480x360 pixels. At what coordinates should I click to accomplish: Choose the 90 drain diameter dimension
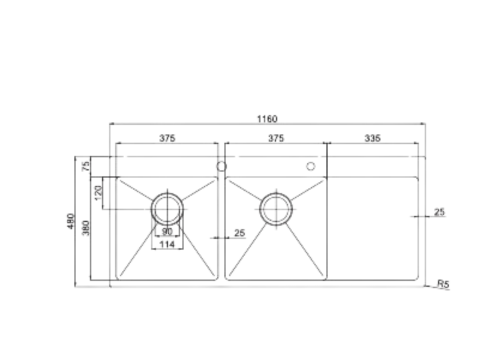(167, 231)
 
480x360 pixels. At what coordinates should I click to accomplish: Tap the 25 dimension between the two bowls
(238, 234)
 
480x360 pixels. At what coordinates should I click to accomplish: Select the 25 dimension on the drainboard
(440, 211)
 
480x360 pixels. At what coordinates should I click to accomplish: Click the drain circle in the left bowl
(167, 209)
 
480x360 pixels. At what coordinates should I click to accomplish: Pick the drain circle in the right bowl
(276, 209)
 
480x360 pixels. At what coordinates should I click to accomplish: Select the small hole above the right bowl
(312, 165)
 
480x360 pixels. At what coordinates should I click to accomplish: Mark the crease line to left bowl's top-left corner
(135, 192)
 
